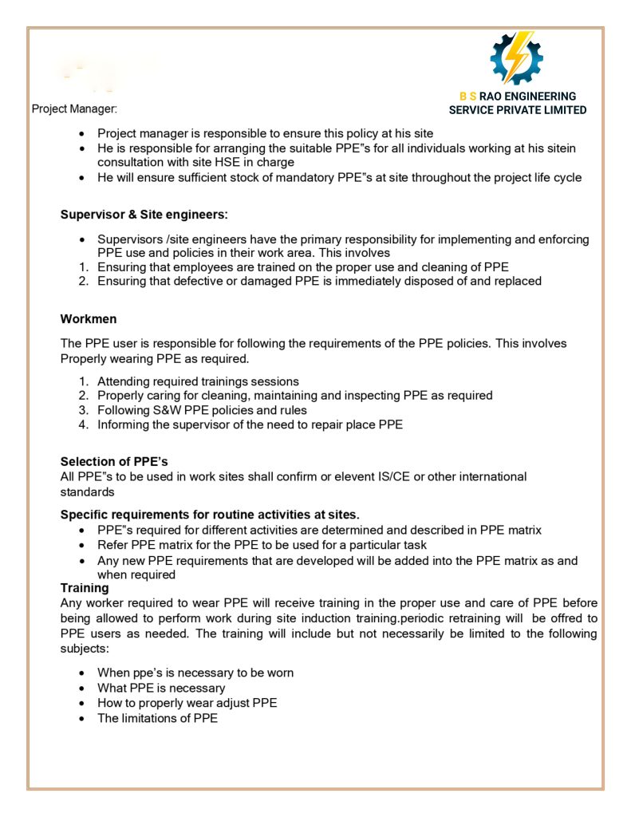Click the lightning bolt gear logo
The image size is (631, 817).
(516, 58)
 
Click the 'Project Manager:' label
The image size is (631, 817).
(74, 109)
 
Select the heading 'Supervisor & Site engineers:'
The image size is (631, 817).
(144, 214)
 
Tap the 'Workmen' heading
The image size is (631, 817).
(89, 319)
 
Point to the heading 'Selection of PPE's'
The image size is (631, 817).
(114, 461)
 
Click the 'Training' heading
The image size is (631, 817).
(85, 588)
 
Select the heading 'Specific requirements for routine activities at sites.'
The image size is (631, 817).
(210, 515)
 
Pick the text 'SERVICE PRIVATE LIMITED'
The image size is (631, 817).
(518, 110)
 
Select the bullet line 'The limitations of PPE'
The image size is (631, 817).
(157, 718)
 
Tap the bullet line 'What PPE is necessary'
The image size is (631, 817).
(161, 688)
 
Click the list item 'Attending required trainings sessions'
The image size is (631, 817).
(198, 381)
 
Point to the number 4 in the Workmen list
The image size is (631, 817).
(83, 425)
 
